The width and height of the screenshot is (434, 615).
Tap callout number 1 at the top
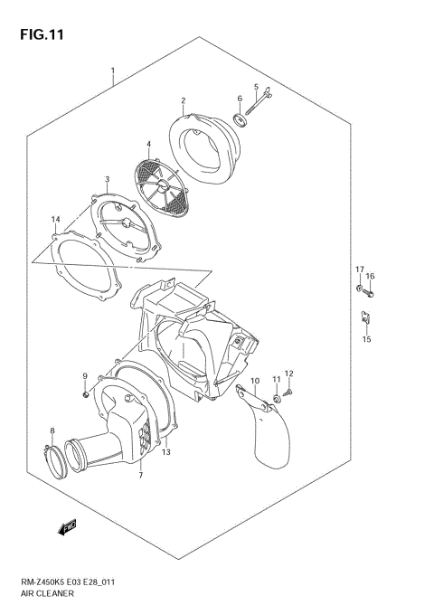(x=112, y=71)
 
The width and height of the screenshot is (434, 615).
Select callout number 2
(x=183, y=100)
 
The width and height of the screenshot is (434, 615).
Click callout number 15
(x=366, y=339)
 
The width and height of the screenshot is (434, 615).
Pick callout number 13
(x=166, y=452)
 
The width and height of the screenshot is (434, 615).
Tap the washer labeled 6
(x=240, y=119)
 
